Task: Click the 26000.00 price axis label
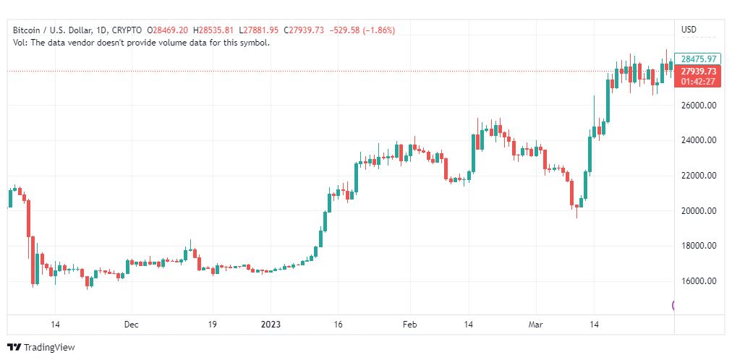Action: [699, 106]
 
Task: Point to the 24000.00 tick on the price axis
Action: [699, 140]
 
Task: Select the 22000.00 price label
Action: [699, 176]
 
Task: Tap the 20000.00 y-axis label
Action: [699, 211]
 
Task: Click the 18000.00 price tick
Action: [699, 246]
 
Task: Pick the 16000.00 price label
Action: [699, 281]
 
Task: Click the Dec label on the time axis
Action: [131, 325]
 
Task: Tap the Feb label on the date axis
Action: [410, 325]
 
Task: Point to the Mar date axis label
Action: [536, 325]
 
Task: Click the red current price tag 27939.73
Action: [698, 71]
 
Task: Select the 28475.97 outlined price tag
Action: [698, 59]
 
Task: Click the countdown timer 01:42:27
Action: [698, 81]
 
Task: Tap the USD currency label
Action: [689, 30]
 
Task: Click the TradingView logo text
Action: [49, 348]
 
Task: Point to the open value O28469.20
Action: [168, 30]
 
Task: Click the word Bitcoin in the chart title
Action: [28, 30]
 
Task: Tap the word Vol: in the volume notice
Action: [21, 43]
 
